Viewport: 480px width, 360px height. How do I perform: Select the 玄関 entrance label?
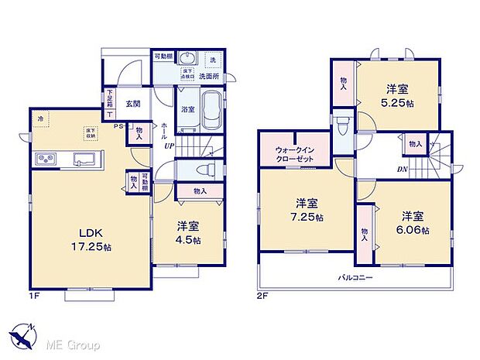132,102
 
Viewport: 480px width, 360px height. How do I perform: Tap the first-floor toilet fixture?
203,170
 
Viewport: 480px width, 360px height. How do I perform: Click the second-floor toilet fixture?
343,124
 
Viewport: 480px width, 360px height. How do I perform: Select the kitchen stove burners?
43,160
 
